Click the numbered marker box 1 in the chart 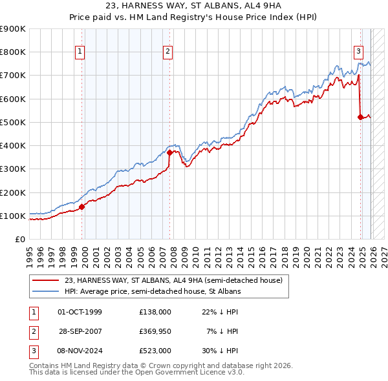(x=80, y=52)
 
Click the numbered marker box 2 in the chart (x=167, y=52)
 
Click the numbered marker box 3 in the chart (x=358, y=52)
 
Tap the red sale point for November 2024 (x=360, y=117)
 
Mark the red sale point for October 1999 (x=82, y=207)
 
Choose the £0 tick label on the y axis (x=19, y=239)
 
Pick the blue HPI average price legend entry (x=152, y=292)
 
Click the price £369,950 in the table (x=155, y=331)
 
